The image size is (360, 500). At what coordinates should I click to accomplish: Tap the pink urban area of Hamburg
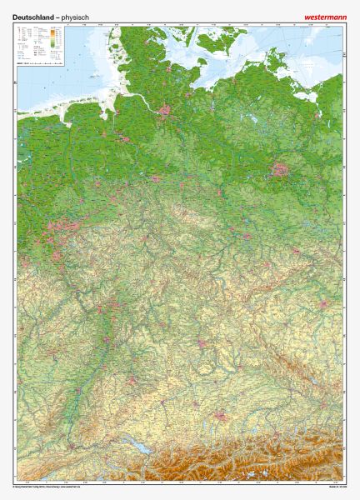click(165, 109)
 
